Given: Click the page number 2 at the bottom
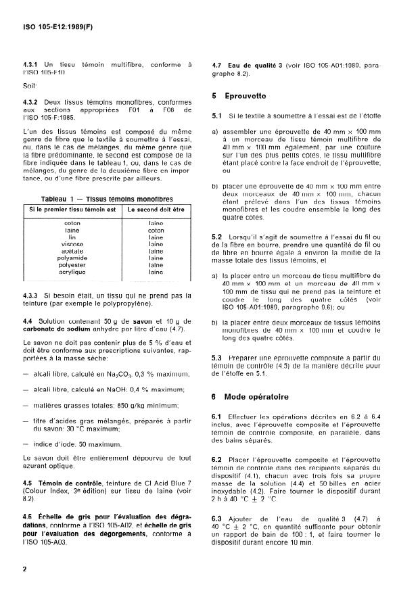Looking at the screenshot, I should tap(24, 568).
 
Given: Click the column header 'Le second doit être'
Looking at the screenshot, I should tap(156, 209).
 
